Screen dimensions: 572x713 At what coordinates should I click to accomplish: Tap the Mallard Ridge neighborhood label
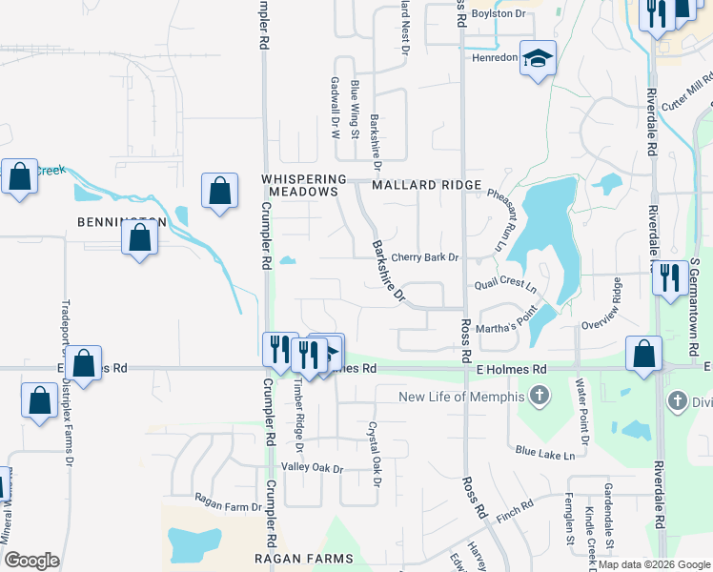(427, 185)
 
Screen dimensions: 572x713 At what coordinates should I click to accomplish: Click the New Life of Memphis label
(461, 397)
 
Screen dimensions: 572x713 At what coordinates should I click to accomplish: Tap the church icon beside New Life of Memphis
(540, 395)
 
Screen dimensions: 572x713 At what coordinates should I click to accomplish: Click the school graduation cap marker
(539, 59)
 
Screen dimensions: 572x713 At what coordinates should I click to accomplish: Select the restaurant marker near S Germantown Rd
(670, 277)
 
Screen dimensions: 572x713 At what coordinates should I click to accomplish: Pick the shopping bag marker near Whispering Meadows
(219, 190)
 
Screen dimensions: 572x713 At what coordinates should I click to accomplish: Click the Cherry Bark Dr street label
(425, 257)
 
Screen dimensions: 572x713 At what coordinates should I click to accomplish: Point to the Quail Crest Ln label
(505, 286)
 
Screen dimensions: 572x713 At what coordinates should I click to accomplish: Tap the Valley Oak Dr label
(312, 468)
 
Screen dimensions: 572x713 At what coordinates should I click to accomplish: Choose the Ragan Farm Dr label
(228, 497)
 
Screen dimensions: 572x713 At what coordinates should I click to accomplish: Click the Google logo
(31, 561)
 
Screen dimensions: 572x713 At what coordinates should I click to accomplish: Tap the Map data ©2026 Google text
(653, 564)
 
